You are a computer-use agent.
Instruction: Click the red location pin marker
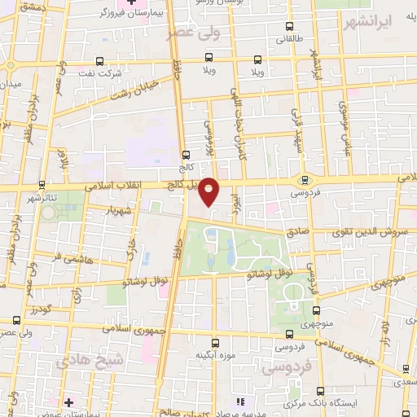(x=209, y=191)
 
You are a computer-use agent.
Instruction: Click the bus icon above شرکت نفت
(x=100, y=60)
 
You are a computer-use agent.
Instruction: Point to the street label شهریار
(x=117, y=208)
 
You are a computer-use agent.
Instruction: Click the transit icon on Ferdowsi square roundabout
(x=305, y=180)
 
